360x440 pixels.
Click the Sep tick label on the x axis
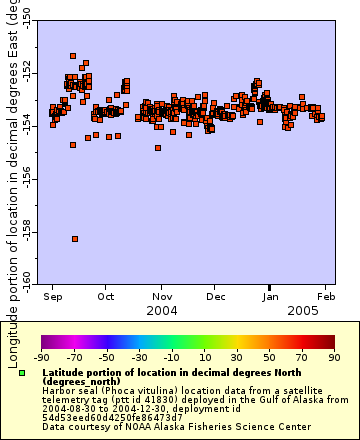tap(54, 297)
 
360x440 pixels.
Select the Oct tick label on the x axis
tap(105, 297)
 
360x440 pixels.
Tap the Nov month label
tap(161, 297)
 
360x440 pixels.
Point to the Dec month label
tap(215, 297)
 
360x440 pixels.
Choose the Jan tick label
tap(271, 297)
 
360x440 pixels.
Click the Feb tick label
tap(326, 297)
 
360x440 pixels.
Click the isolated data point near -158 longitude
tap(75, 238)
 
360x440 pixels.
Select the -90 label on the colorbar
tap(41, 357)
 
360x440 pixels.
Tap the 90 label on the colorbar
tap(333, 357)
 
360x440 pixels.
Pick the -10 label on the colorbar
tap(171, 357)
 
